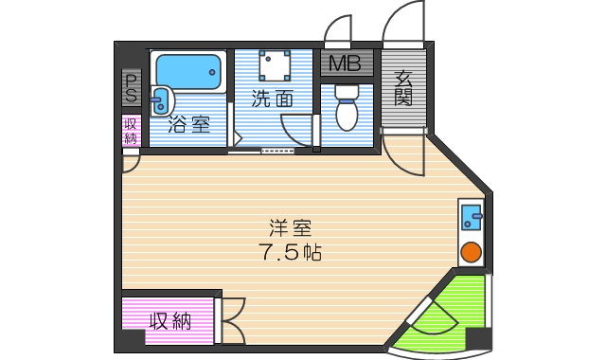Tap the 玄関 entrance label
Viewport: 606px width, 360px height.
pyautogui.click(x=403, y=88)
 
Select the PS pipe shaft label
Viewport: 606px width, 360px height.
pyautogui.click(x=131, y=87)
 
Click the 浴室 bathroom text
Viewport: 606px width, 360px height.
pyautogui.click(x=189, y=124)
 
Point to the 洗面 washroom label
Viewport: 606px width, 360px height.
pyautogui.click(x=271, y=98)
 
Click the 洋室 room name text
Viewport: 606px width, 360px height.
pyautogui.click(x=290, y=228)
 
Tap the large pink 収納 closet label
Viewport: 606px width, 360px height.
pyautogui.click(x=169, y=321)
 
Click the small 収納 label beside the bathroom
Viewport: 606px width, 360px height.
pyautogui.click(x=131, y=130)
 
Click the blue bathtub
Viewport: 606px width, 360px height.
pyautogui.click(x=187, y=70)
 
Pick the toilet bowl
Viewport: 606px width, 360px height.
pyautogui.click(x=347, y=115)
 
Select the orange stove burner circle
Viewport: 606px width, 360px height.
pyautogui.click(x=471, y=252)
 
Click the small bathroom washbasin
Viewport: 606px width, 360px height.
pyautogui.click(x=160, y=98)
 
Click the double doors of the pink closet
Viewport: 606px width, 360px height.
pyautogui.click(x=232, y=320)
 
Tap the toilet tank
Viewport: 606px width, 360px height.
pyautogui.click(x=347, y=92)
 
